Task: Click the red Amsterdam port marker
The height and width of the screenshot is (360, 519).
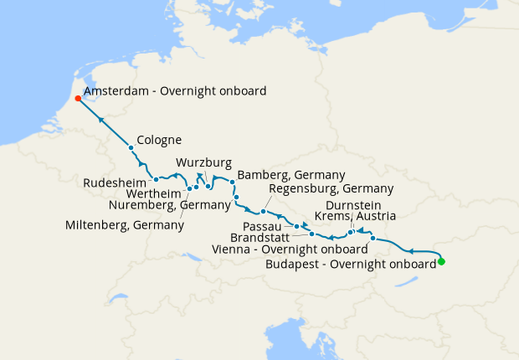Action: point(78,98)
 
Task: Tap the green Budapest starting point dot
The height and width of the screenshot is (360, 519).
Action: point(441,262)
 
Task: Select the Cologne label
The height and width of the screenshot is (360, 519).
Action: point(159,140)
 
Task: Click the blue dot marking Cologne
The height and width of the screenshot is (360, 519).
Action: point(131,148)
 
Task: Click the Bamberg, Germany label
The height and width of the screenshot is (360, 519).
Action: point(291,174)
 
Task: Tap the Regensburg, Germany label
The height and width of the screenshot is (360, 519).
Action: point(319,188)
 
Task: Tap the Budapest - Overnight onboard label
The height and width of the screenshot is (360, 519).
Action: point(350,263)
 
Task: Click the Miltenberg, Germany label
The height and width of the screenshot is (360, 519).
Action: point(125,225)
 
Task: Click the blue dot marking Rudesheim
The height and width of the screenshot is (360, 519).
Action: point(157,179)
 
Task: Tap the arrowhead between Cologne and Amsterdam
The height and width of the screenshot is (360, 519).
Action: point(101,120)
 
